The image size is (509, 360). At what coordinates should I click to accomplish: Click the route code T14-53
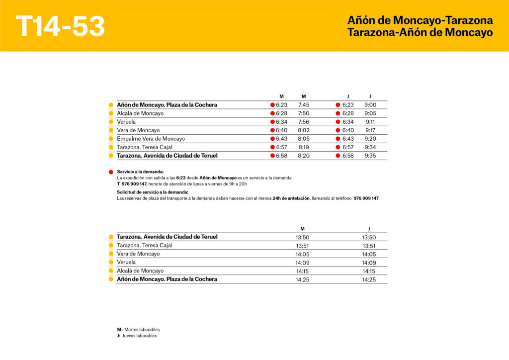tap(60, 26)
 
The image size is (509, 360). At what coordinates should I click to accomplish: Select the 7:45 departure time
tap(304, 105)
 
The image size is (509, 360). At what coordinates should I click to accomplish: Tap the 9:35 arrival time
tap(370, 156)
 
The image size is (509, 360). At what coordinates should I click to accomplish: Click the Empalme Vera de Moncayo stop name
tap(151, 139)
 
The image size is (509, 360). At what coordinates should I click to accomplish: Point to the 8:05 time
tap(304, 139)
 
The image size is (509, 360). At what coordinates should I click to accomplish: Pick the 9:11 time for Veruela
tap(370, 122)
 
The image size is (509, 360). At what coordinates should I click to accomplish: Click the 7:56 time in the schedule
tap(304, 122)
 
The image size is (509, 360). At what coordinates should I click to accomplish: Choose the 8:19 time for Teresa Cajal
tap(304, 147)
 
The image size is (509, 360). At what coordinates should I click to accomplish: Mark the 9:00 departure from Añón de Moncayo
tap(370, 105)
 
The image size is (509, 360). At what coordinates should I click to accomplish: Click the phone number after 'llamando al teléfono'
tap(366, 198)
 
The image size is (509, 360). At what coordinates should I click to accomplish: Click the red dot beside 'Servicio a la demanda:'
tap(111, 172)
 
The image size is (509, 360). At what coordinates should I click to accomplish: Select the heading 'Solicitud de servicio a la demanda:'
tap(153, 192)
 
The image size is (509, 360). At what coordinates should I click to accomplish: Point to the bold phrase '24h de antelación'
tap(291, 198)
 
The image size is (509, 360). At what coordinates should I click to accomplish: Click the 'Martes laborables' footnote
tap(142, 330)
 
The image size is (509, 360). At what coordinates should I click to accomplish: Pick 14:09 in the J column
tap(369, 263)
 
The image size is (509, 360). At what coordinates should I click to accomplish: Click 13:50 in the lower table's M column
tap(302, 237)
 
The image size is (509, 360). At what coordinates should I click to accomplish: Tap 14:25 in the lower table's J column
tap(369, 279)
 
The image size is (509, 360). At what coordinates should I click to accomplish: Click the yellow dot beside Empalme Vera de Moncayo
tap(111, 139)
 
